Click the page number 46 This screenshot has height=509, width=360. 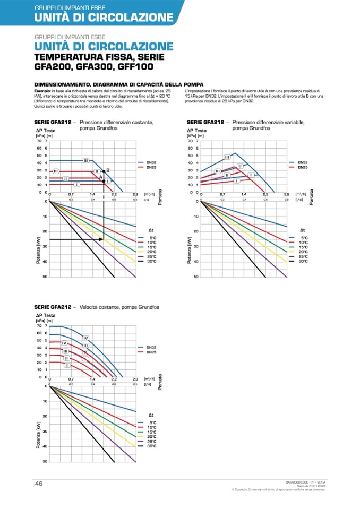tap(39, 483)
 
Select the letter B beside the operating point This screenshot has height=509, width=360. tap(108, 170)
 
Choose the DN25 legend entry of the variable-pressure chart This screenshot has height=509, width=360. tap(302, 167)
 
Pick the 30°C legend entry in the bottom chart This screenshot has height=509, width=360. tap(151, 446)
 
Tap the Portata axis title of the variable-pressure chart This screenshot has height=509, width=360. tap(312, 197)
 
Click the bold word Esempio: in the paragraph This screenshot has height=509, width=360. tap(42, 92)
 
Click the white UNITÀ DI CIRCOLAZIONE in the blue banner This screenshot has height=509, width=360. tap(104, 18)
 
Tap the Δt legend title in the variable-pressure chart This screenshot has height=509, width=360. tap(302, 230)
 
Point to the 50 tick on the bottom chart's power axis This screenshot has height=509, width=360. tap(45, 461)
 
